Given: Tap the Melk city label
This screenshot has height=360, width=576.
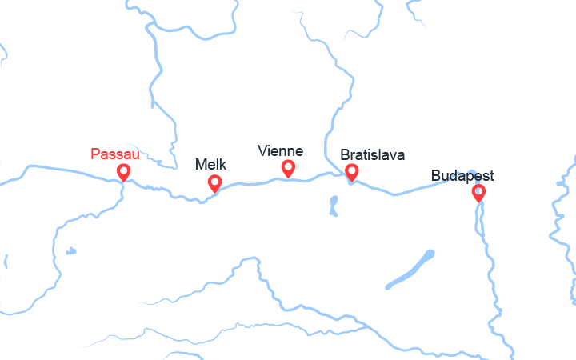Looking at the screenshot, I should click(x=210, y=164).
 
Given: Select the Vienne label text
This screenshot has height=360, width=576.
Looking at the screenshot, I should click(x=280, y=150).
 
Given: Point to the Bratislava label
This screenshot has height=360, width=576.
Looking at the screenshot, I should click(x=372, y=154).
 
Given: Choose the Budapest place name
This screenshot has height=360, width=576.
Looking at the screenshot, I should click(x=462, y=176).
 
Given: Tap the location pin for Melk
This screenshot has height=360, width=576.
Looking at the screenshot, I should click(x=214, y=183).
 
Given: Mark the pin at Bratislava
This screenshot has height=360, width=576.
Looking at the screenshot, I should click(x=350, y=171).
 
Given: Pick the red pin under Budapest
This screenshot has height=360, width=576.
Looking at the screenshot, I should click(x=478, y=192).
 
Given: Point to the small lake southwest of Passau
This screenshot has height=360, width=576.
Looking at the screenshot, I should click(x=71, y=251).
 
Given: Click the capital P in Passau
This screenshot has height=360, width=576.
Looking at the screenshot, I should click(x=96, y=153).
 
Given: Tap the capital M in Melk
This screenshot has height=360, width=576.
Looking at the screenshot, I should click(x=201, y=164).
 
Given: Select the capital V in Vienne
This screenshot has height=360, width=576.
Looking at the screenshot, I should click(x=262, y=150).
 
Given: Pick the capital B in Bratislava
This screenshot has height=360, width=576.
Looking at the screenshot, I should click(x=345, y=154).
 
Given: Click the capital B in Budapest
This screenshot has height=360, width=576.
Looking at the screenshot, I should click(x=435, y=176).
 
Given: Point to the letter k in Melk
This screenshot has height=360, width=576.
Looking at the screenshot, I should click(x=223, y=164).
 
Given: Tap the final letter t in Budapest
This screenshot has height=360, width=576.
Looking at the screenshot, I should click(x=490, y=176).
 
